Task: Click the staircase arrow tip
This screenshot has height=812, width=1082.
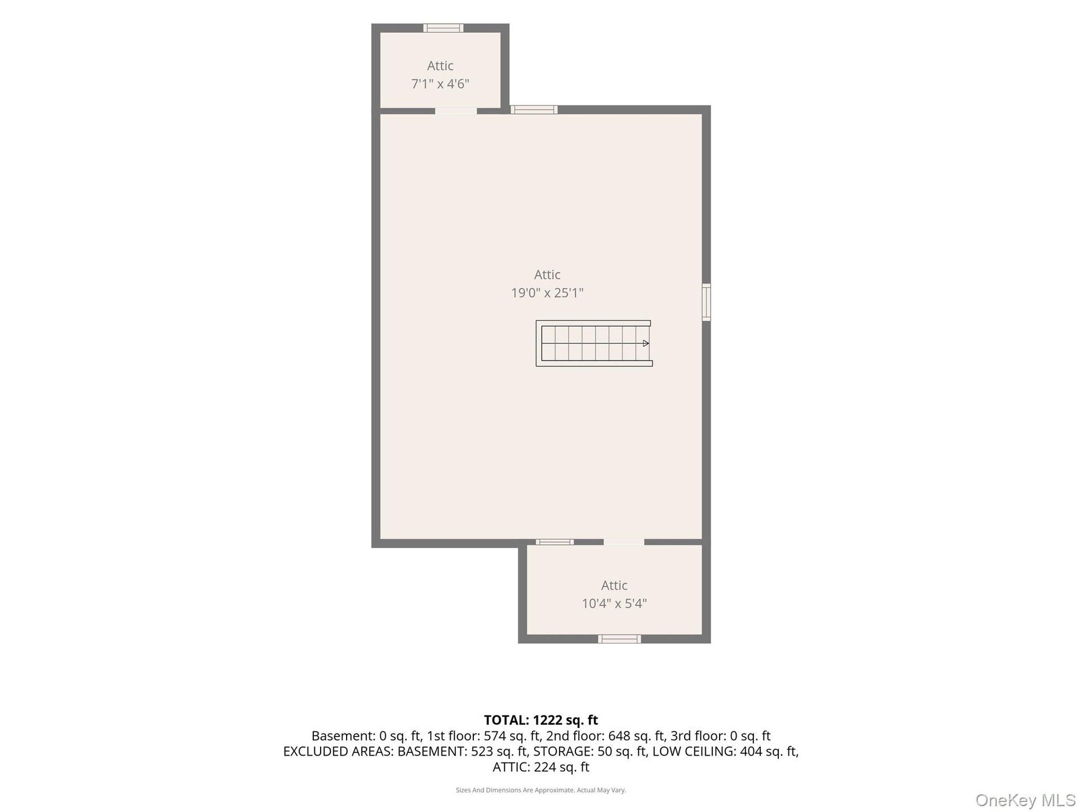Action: (649, 343)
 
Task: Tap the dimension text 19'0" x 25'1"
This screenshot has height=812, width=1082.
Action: (547, 293)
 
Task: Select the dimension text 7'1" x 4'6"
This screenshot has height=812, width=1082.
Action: (440, 84)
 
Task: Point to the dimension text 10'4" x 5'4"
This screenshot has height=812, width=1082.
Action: (614, 604)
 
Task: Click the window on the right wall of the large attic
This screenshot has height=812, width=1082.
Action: (706, 303)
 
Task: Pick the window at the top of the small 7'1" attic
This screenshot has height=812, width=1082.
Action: (444, 28)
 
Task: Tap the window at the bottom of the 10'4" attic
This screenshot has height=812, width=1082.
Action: (619, 639)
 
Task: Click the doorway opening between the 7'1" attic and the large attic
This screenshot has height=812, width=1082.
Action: (456, 111)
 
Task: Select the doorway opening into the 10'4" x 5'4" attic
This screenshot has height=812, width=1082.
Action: (624, 542)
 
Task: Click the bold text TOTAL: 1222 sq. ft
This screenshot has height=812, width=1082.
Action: (541, 720)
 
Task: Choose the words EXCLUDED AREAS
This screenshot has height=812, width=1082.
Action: (338, 752)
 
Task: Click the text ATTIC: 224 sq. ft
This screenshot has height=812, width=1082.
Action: (541, 767)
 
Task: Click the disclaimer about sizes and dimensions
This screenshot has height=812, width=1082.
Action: (541, 790)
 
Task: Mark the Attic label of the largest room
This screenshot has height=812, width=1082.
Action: (547, 275)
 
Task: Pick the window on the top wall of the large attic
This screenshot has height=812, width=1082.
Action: (534, 109)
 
